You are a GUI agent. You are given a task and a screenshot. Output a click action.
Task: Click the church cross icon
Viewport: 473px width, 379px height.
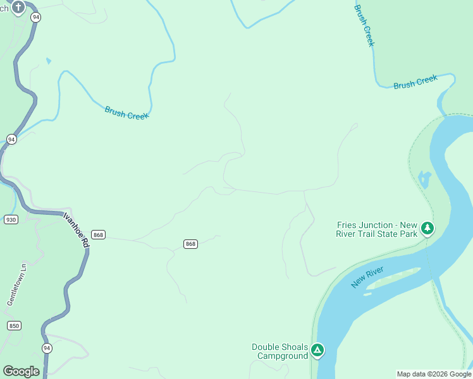18,8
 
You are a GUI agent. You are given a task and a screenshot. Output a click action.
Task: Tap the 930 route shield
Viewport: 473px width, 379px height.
10,219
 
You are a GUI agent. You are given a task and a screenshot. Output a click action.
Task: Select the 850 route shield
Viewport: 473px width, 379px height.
14,326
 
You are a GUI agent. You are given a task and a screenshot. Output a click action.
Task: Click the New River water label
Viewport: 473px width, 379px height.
367,277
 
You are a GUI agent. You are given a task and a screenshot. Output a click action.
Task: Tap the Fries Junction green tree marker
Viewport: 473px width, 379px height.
427,227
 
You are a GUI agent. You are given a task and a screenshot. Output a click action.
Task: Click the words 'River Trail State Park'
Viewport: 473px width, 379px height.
377,234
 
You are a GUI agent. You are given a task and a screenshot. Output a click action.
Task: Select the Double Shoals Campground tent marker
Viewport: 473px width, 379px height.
317,349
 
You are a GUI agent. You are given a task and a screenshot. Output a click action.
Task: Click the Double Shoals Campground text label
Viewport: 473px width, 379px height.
279,351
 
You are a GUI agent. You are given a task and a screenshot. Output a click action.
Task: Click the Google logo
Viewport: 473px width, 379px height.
21,371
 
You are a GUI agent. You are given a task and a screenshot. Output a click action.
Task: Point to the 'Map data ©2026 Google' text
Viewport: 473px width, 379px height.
434,374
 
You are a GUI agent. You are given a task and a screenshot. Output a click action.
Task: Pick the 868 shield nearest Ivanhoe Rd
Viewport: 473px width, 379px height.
97,234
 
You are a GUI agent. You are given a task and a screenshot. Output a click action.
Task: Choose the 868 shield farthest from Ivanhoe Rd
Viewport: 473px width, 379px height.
190,244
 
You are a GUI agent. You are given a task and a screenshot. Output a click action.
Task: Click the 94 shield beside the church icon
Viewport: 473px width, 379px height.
35,18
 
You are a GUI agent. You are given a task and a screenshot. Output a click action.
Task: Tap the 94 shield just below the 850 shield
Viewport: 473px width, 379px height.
47,348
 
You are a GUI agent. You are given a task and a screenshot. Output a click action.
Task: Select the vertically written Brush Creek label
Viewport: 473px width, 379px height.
364,26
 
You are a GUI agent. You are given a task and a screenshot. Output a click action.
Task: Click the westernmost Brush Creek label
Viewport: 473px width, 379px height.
126,112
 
